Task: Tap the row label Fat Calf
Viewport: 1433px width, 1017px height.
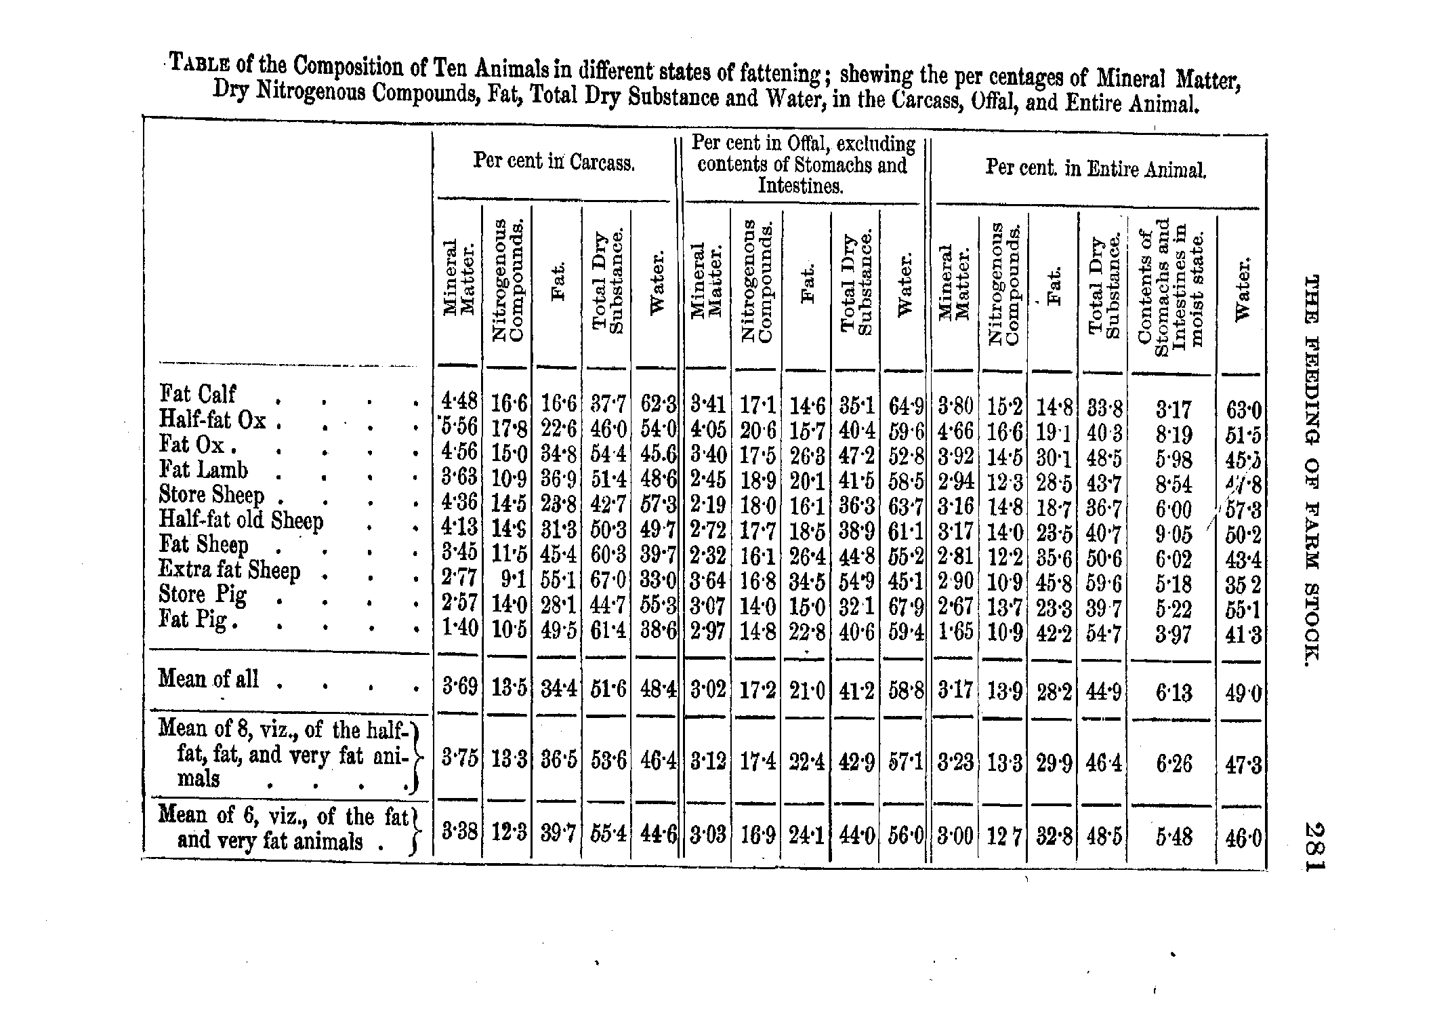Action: pos(197,394)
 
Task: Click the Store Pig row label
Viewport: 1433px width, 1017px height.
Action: pos(203,595)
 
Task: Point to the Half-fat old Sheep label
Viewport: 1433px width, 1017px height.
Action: pos(241,520)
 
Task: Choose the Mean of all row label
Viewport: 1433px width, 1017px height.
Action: pos(208,679)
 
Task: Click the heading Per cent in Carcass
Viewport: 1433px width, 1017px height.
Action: pos(554,161)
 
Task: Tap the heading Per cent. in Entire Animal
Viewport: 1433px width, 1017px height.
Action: pos(1096,168)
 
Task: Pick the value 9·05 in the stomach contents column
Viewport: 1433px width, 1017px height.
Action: pos(1174,535)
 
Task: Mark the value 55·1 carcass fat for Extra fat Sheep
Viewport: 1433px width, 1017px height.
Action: pos(558,580)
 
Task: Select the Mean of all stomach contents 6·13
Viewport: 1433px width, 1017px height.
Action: pos(1174,692)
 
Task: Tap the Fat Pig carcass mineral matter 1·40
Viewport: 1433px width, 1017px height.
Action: pos(459,629)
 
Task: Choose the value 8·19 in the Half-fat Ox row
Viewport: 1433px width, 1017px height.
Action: pos(1174,434)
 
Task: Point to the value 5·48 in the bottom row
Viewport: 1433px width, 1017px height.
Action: pos(1174,837)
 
